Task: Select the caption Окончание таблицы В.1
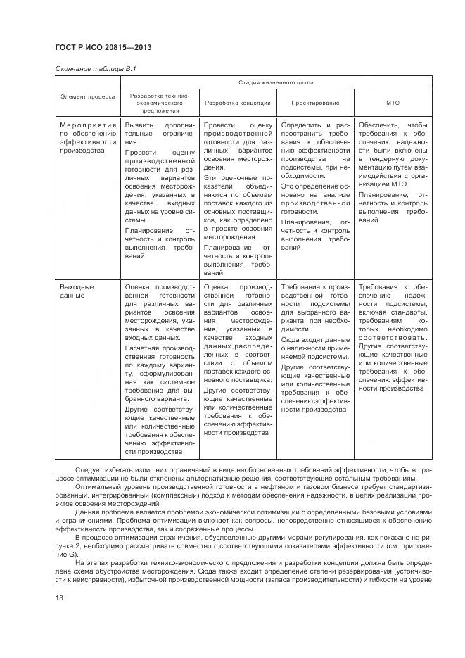[x=95, y=68]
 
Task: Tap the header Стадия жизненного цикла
[x=275, y=83]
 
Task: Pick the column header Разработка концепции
[x=238, y=103]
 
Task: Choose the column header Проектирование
[x=314, y=103]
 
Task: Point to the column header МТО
[x=393, y=103]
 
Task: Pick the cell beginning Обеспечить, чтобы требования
[x=393, y=173]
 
